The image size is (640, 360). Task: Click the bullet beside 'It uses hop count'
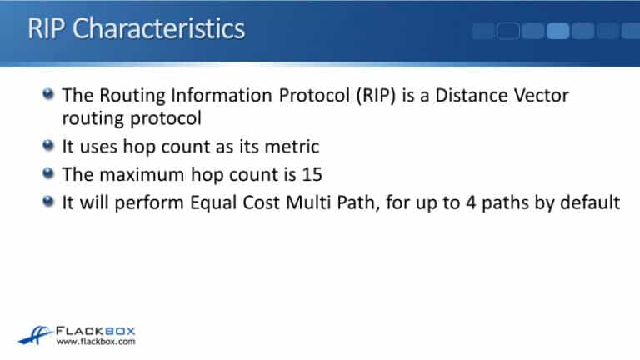point(50,147)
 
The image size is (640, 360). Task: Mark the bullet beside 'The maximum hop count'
point(50,173)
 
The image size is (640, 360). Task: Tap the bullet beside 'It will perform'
point(50,200)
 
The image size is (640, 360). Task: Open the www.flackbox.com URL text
point(93,342)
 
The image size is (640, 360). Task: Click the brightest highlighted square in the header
point(558,31)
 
